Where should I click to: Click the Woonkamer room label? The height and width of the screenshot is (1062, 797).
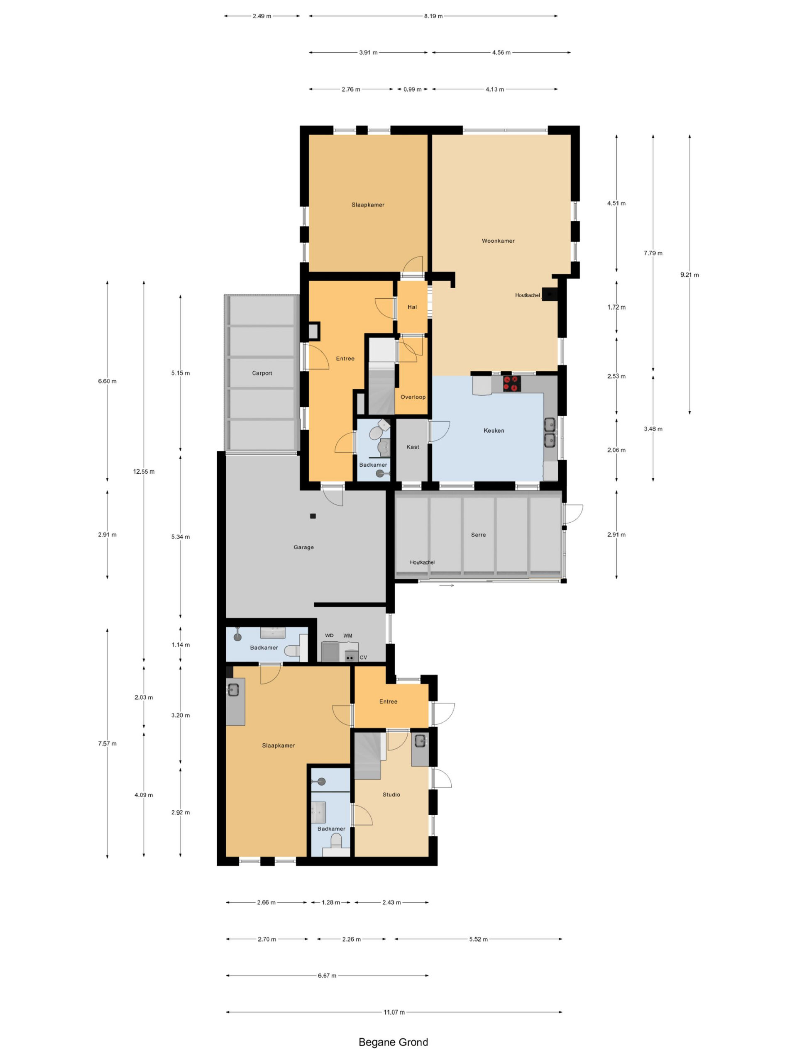click(x=498, y=241)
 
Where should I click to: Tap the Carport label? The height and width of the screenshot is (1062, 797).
click(x=262, y=373)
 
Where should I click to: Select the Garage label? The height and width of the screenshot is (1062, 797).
click(x=303, y=547)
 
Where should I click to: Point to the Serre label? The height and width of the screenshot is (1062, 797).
click(x=478, y=534)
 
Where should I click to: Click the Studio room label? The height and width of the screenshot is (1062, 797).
click(x=391, y=794)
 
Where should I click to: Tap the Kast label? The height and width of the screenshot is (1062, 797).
click(x=413, y=447)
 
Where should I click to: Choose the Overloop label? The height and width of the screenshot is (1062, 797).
click(x=413, y=397)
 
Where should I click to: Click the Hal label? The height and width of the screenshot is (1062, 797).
click(x=412, y=307)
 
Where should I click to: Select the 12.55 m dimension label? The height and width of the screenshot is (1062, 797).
click(x=144, y=471)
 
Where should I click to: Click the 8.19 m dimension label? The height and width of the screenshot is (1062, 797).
click(x=433, y=16)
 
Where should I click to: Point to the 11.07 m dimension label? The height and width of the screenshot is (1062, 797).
click(x=394, y=1012)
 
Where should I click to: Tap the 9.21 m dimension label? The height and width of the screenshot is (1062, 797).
click(x=689, y=275)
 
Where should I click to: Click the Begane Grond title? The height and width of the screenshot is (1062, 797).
click(x=393, y=1042)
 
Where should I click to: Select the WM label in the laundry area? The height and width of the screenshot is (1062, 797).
click(x=348, y=636)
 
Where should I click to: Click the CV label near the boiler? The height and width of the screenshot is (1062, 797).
click(x=363, y=657)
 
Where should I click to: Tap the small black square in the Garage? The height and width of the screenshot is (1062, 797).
click(x=313, y=516)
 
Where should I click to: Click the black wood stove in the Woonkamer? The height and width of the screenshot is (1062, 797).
click(x=550, y=294)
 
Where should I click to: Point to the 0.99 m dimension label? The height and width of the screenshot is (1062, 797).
click(x=412, y=89)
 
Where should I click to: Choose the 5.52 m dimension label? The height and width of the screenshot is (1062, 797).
click(x=479, y=939)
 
